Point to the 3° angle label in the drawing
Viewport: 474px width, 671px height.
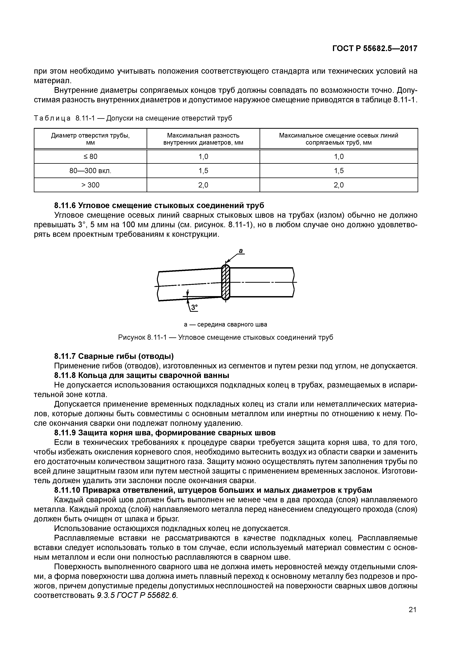click(194, 307)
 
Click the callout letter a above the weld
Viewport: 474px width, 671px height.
click(241, 251)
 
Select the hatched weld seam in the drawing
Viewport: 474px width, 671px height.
click(226, 282)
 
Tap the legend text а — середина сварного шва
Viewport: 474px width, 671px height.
click(226, 324)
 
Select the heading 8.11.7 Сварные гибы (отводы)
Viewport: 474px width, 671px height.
click(114, 356)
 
